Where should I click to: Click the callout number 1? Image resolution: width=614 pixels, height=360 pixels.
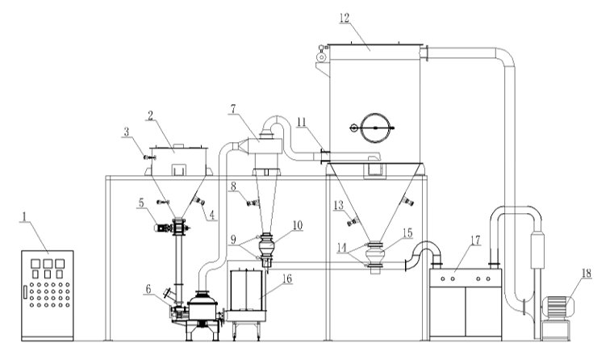tap(24, 216)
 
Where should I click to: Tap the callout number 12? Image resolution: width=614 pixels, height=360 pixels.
tap(345, 18)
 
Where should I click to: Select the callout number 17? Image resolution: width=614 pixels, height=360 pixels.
tap(475, 240)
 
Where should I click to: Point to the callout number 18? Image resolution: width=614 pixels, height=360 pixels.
tap(587, 273)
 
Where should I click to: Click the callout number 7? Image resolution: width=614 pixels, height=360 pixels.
tap(233, 109)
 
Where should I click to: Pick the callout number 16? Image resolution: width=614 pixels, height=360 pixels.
tap(287, 278)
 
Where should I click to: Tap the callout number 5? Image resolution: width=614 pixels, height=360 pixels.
tap(141, 203)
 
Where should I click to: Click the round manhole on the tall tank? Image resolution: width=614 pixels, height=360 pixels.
tap(375, 128)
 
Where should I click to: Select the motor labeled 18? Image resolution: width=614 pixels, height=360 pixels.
tap(558, 307)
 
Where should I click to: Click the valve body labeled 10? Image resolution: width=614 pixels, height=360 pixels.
tap(266, 245)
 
